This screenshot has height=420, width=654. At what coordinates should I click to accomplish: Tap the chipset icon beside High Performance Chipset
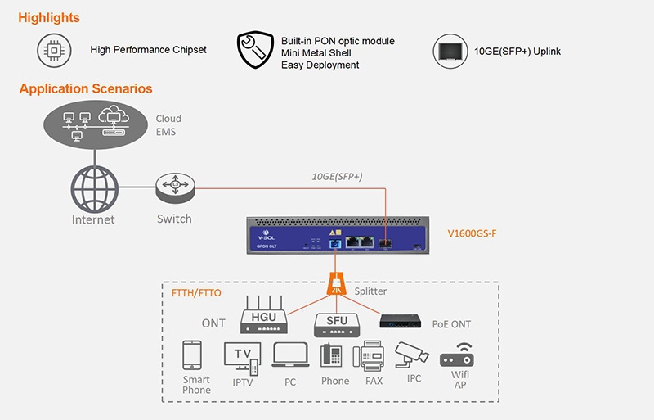click(55, 51)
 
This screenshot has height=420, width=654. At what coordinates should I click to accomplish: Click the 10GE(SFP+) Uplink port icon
click(450, 52)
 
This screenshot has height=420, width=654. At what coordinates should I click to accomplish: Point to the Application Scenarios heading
click(86, 88)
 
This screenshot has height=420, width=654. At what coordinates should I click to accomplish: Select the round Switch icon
click(174, 188)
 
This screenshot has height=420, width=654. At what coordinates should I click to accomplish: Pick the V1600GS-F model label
click(472, 234)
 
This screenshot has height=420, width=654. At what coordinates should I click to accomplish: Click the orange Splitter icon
click(334, 283)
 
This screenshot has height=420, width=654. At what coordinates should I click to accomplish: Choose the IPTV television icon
click(241, 359)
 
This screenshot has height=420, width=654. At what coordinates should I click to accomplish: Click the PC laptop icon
click(289, 356)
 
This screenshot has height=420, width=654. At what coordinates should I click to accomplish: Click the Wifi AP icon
click(459, 356)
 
